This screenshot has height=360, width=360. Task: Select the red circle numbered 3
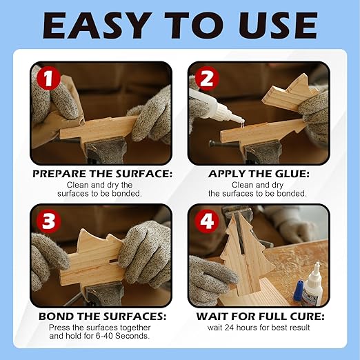[46, 221]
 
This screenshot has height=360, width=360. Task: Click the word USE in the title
[279, 26]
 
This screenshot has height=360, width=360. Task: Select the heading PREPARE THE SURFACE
[101, 174]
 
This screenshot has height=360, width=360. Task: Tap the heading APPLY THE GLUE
[258, 174]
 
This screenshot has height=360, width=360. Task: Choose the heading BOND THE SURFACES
[101, 317]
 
